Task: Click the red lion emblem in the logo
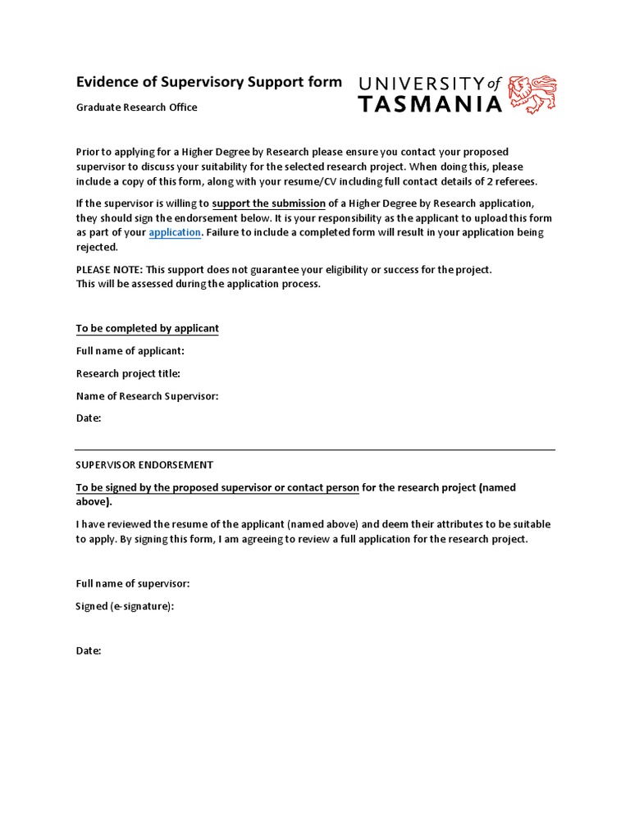(x=532, y=94)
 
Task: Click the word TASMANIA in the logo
(x=430, y=104)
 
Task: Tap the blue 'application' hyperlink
(x=175, y=232)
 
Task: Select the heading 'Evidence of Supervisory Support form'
(x=208, y=82)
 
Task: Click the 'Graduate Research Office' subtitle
(x=137, y=107)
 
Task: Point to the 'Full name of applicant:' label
(x=130, y=351)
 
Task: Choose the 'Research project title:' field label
(x=128, y=373)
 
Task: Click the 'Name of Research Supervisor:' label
(x=148, y=396)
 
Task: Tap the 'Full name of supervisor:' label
(x=133, y=583)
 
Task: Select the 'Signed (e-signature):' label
(x=126, y=606)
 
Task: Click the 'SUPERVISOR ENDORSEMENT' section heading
(x=144, y=464)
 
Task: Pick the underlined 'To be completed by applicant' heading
(x=148, y=328)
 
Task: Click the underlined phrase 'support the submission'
(x=268, y=203)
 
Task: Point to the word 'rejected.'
(x=98, y=247)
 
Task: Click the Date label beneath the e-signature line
(x=89, y=651)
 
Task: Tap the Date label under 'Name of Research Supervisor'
(x=89, y=418)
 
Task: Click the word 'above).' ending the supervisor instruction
(x=95, y=502)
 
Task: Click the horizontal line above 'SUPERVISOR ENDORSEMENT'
(x=315, y=450)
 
